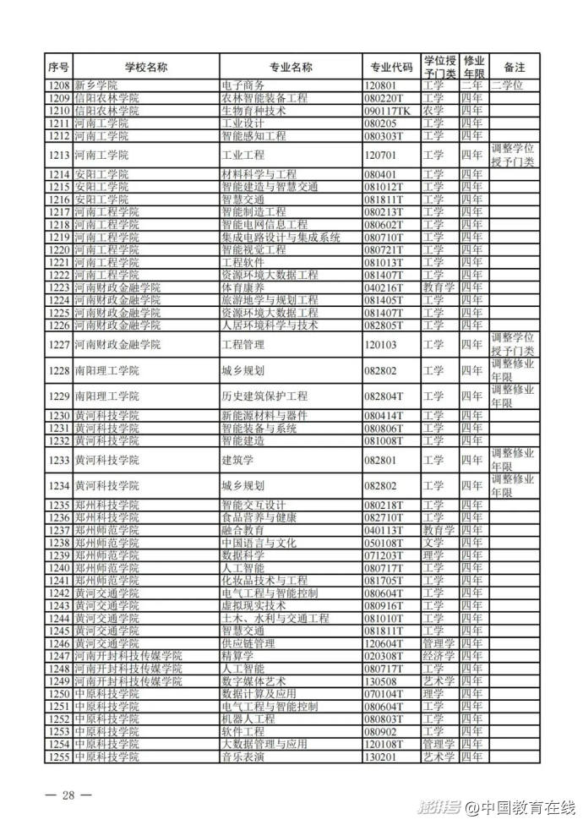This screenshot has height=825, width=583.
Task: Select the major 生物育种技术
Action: click(x=253, y=111)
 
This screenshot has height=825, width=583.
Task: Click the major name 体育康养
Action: click(x=242, y=288)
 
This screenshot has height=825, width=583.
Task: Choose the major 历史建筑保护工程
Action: click(x=264, y=396)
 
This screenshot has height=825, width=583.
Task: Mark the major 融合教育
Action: click(x=242, y=530)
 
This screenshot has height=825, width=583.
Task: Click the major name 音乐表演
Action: click(x=242, y=757)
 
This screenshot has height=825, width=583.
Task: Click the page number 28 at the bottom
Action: click(x=69, y=795)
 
